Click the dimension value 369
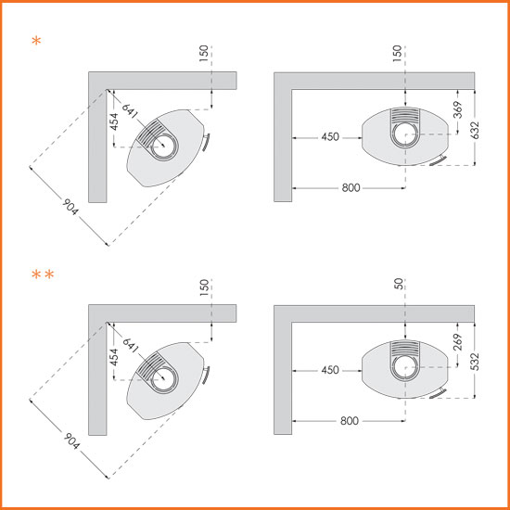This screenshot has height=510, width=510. point(458,110)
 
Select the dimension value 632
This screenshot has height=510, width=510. point(475,130)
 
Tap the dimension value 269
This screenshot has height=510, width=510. point(458,342)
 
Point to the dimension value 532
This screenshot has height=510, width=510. point(475,362)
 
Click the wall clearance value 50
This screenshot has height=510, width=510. point(400,284)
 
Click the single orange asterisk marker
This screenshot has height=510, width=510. point(36,42)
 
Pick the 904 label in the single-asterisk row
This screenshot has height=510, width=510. point(70,207)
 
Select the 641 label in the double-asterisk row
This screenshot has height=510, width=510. point(131,345)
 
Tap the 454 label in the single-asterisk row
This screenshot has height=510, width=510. point(114,122)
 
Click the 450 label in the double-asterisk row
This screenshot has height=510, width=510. point(330,370)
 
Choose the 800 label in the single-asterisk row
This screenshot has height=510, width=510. point(351,187)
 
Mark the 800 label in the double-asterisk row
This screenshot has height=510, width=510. point(350,421)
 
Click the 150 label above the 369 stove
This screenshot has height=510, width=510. point(397,54)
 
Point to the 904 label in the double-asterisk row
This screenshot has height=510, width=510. point(71,440)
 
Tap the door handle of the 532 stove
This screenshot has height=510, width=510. point(438,393)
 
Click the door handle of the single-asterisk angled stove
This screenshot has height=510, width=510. point(206,142)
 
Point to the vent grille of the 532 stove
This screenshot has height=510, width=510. point(405,348)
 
